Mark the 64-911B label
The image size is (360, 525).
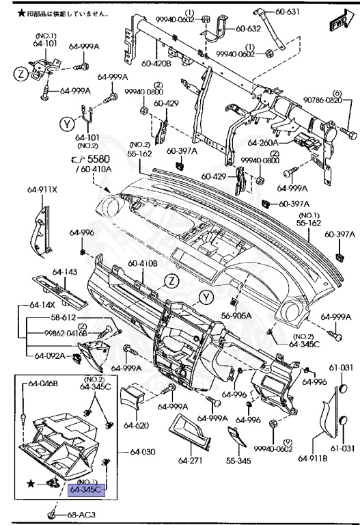tap(311, 458)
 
